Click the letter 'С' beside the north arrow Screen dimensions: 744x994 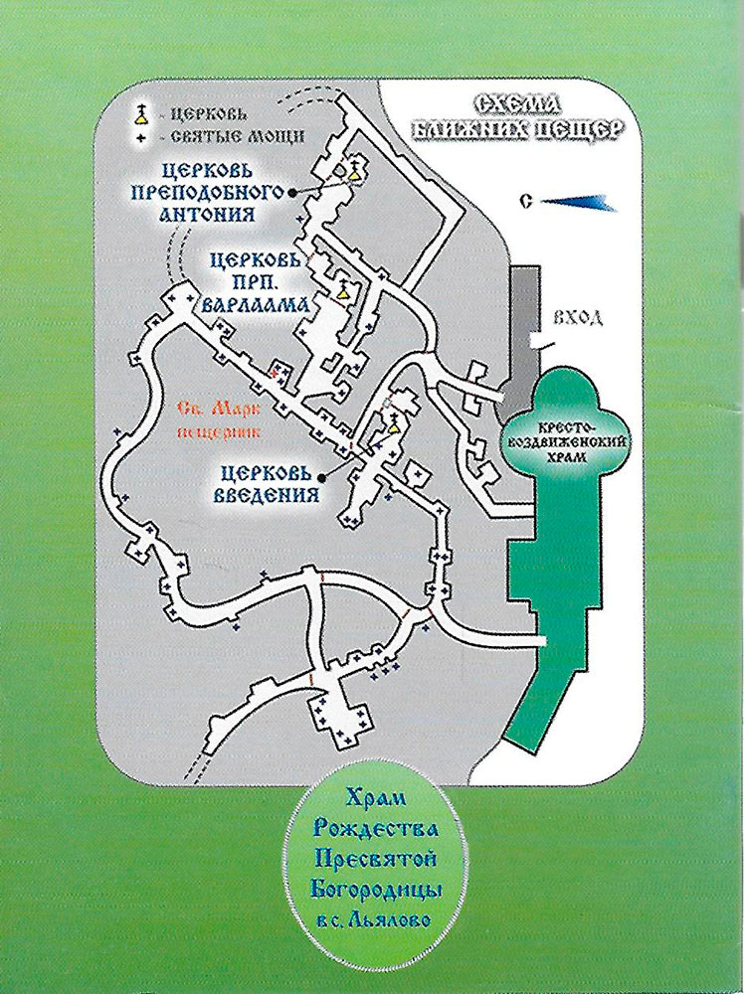[x=525, y=202]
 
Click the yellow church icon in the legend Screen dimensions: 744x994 [x=140, y=116]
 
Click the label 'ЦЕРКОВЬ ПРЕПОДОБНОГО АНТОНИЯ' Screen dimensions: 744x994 [x=213, y=192]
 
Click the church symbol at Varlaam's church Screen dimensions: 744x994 [x=344, y=288]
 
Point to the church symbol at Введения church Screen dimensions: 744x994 [x=393, y=423]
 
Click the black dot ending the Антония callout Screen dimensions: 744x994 [x=292, y=192]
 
